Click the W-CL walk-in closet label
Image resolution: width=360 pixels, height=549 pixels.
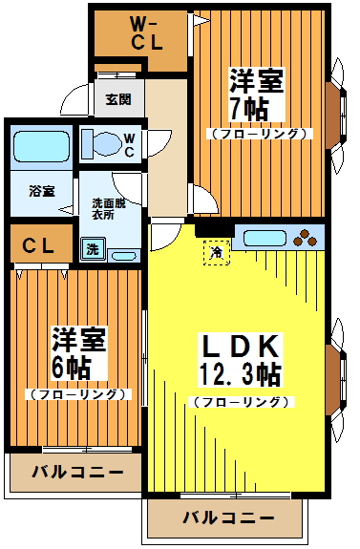pyautogui.click(x=143, y=35)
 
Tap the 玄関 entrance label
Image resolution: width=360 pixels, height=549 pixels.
pyautogui.click(x=118, y=97)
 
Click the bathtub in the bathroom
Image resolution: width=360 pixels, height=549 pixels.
pyautogui.click(x=42, y=146)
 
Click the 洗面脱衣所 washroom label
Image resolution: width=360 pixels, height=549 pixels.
pyautogui.click(x=109, y=209)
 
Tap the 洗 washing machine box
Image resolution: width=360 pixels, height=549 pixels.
pyautogui.click(x=93, y=249)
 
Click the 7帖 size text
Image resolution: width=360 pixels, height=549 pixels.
pyautogui.click(x=244, y=107)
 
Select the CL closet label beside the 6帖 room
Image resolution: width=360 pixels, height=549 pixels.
pyautogui.click(x=39, y=245)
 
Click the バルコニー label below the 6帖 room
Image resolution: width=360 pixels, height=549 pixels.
pyautogui.click(x=76, y=472)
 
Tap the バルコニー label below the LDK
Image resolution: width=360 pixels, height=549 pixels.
pyautogui.click(x=228, y=519)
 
